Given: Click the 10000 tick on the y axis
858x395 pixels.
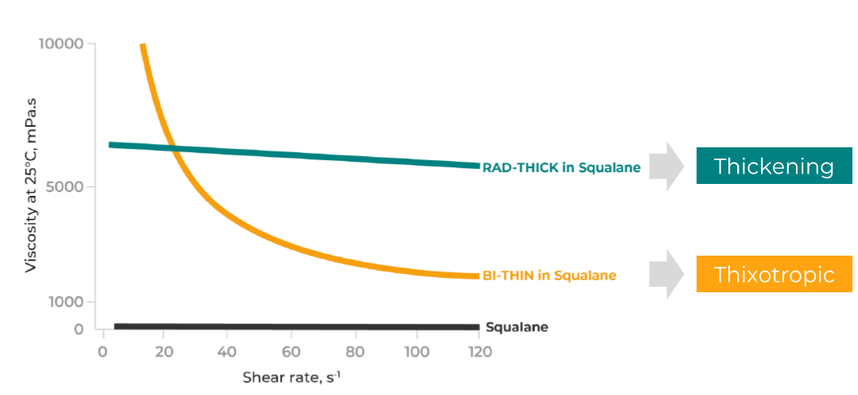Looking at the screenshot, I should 61,43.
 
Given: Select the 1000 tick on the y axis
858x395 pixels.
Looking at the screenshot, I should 68,302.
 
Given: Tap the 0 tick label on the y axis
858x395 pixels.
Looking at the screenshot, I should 78,329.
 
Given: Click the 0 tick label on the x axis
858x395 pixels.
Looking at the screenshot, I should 103,351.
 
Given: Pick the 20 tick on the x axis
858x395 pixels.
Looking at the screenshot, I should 165,351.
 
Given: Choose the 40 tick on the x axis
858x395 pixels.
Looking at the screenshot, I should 227,351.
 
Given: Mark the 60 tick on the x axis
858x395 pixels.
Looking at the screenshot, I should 290,351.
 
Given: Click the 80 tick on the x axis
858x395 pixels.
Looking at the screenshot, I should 353,351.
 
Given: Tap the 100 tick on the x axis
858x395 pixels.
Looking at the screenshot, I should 416,351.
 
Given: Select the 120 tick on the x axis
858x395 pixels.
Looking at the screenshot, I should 479,351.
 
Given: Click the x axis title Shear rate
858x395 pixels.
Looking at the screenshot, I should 291,376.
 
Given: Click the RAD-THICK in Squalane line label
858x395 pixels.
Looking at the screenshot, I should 561,167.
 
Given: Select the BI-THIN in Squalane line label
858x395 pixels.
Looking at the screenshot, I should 549,276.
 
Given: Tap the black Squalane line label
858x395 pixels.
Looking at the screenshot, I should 517,327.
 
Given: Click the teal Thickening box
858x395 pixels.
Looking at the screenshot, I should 774,166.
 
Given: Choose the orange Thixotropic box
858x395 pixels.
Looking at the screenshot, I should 774,275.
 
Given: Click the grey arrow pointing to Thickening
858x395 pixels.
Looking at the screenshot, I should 666,166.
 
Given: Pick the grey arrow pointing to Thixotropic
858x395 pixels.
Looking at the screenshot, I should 666,275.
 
